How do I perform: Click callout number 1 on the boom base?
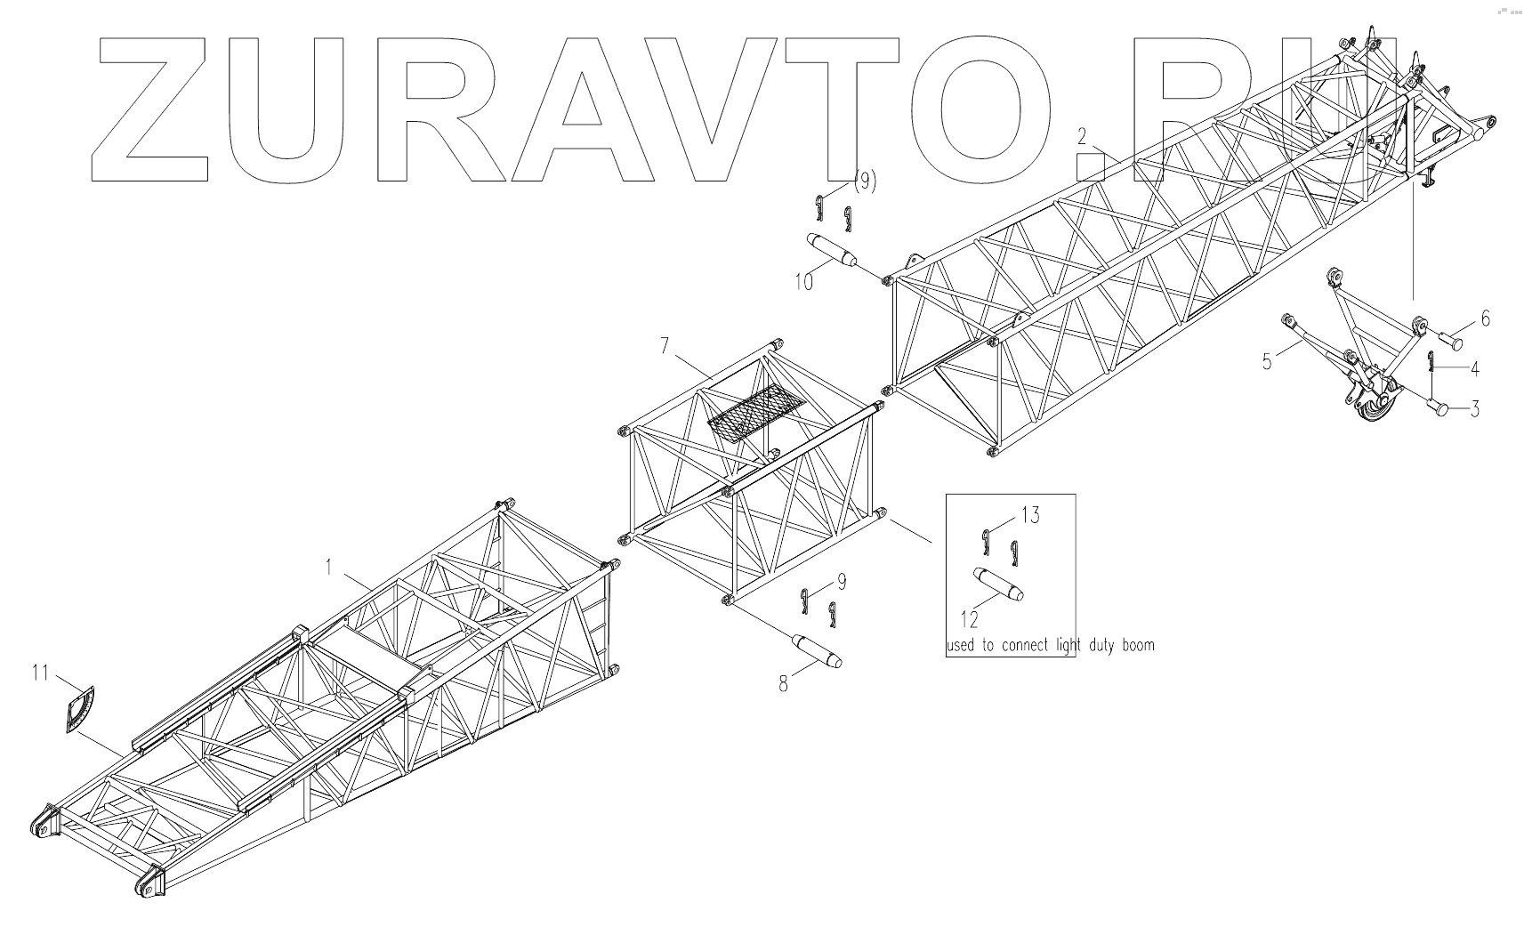tap(328, 567)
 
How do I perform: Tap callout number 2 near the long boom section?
tap(1082, 137)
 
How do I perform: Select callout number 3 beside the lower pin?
tap(1475, 409)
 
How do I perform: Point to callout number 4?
tap(1475, 369)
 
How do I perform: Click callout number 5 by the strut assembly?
tap(1267, 361)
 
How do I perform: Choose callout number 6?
tap(1485, 318)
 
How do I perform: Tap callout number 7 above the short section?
tap(665, 346)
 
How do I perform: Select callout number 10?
tap(804, 282)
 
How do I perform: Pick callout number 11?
tap(41, 673)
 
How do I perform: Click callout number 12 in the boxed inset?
tap(969, 619)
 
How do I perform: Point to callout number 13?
tap(1031, 515)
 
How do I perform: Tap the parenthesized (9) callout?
tap(865, 181)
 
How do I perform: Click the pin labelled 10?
tap(831, 250)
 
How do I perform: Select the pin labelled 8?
tap(816, 651)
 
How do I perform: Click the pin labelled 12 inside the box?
tap(998, 584)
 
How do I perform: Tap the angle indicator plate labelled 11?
tap(79, 709)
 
